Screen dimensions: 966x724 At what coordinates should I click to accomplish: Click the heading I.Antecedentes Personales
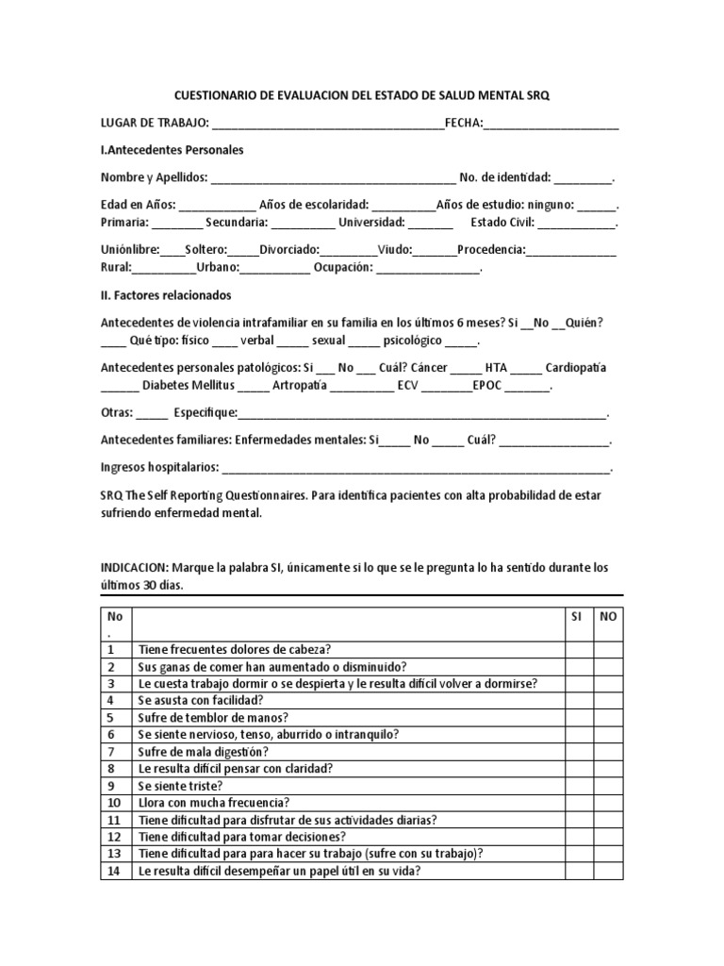pos(172,150)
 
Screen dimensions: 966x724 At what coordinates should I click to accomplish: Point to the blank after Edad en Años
pos(216,206)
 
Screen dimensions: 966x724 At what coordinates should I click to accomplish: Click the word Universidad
pos(371,223)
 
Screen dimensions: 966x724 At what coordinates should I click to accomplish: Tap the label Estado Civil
pos(501,223)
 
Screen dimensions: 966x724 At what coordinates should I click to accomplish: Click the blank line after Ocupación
pos(428,268)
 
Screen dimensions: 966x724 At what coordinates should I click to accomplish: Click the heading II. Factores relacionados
pos(165,294)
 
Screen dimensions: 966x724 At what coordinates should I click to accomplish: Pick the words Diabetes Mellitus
pos(187,385)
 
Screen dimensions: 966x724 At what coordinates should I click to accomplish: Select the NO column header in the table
pos(608,615)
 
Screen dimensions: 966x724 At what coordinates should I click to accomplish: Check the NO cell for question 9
pos(608,785)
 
